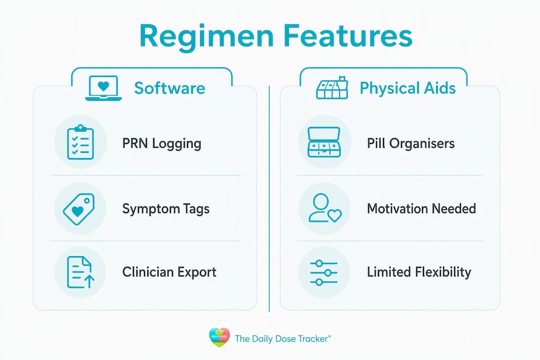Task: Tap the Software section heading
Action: (x=169, y=88)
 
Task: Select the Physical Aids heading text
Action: (x=408, y=88)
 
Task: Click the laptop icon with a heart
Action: (x=103, y=88)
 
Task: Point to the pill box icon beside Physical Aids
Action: (x=332, y=88)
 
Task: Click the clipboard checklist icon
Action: (x=80, y=142)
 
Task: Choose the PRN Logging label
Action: (x=161, y=143)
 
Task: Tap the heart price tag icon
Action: (x=79, y=209)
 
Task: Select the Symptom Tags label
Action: (x=165, y=209)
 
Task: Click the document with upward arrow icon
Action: (x=80, y=272)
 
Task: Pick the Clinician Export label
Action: (x=169, y=272)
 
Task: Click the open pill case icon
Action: (x=323, y=142)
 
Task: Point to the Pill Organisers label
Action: (x=411, y=143)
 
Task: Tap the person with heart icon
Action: (x=325, y=207)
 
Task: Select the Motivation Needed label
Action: (x=421, y=209)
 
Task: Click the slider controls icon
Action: (x=323, y=273)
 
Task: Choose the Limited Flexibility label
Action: (x=419, y=272)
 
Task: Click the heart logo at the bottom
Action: (x=219, y=337)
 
